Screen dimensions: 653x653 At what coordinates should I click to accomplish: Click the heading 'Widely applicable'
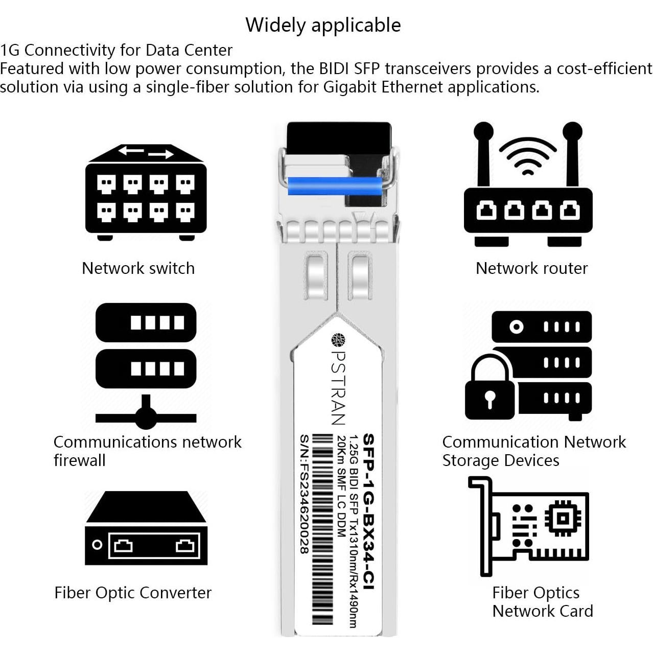tap(323, 25)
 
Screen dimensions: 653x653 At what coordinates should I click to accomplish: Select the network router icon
tap(528, 204)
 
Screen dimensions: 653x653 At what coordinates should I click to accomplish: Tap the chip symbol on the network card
tap(563, 518)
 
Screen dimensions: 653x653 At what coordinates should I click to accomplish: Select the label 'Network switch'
tap(138, 268)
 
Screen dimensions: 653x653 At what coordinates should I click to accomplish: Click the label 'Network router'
tap(531, 268)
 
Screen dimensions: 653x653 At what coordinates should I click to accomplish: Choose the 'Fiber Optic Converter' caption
tap(133, 593)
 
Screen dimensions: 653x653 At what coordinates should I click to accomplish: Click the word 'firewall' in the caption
tap(80, 460)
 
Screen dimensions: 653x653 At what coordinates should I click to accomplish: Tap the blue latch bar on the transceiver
tap(335, 186)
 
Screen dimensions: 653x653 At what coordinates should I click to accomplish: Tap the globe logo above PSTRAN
tap(338, 340)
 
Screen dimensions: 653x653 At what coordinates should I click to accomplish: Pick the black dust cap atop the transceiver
tap(339, 138)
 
